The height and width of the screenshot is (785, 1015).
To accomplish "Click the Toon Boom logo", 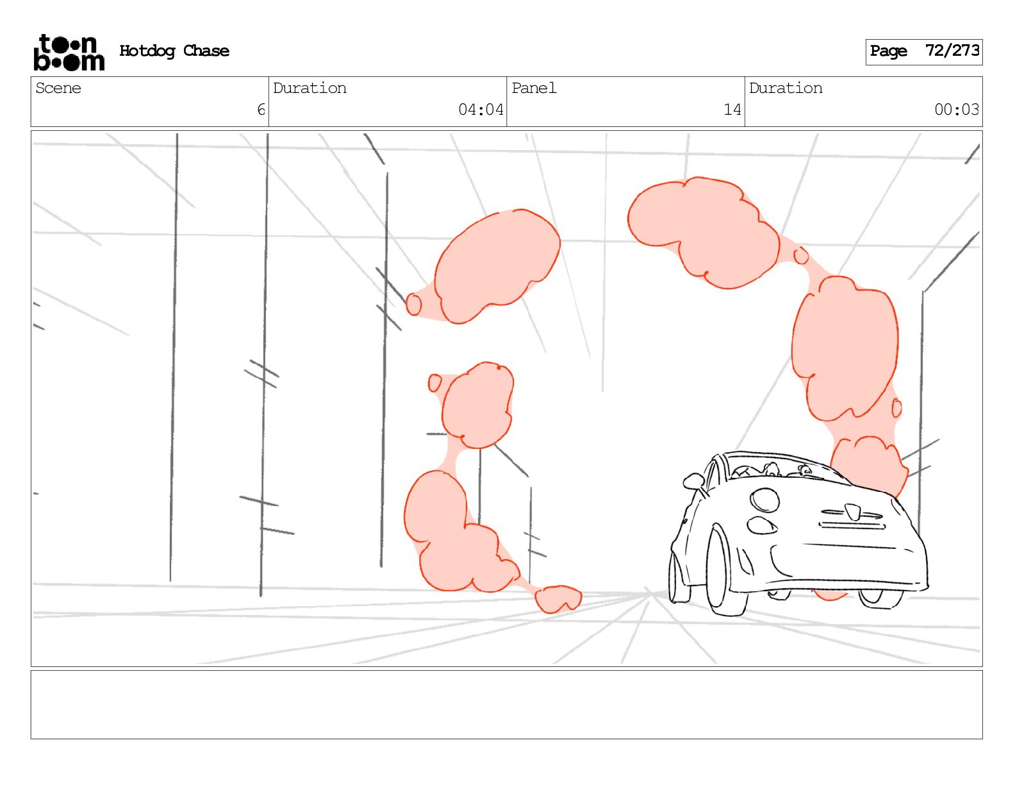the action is click(x=69, y=53).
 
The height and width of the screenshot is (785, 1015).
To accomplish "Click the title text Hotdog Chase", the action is click(x=174, y=51).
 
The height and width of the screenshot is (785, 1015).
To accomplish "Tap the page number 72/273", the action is click(x=952, y=50).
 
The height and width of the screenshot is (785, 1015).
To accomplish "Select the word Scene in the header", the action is click(x=58, y=88).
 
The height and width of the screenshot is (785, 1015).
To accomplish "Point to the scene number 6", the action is click(x=261, y=110).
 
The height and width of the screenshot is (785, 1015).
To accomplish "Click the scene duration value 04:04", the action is click(x=481, y=110).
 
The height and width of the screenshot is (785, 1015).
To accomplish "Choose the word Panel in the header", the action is click(x=534, y=88).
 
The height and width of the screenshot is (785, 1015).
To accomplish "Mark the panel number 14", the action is click(x=732, y=110).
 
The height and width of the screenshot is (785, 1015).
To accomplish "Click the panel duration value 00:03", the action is click(x=956, y=110).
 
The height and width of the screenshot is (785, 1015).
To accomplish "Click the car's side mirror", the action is click(x=693, y=480).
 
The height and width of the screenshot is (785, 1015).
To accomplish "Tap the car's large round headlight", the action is click(x=764, y=500).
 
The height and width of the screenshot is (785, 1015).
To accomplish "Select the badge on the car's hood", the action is click(x=853, y=512).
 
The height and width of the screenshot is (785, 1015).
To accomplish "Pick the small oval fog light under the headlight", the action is click(x=762, y=525).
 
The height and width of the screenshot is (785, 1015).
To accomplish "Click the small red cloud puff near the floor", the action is click(x=558, y=599).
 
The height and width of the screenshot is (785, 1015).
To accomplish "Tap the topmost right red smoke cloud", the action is click(x=704, y=232).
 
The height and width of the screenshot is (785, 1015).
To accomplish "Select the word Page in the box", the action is click(x=888, y=51).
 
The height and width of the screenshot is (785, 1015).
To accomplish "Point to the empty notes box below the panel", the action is click(x=506, y=705).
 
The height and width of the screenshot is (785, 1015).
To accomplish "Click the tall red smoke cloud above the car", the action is click(x=845, y=348).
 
